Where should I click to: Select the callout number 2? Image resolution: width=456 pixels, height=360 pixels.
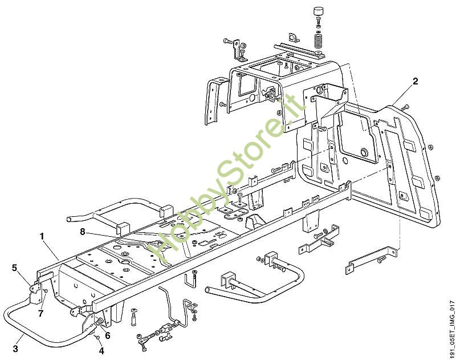[416, 81]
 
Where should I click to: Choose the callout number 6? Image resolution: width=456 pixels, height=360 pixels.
[108, 335]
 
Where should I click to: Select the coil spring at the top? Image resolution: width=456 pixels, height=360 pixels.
[319, 41]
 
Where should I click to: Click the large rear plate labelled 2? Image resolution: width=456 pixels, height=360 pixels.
[410, 165]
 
